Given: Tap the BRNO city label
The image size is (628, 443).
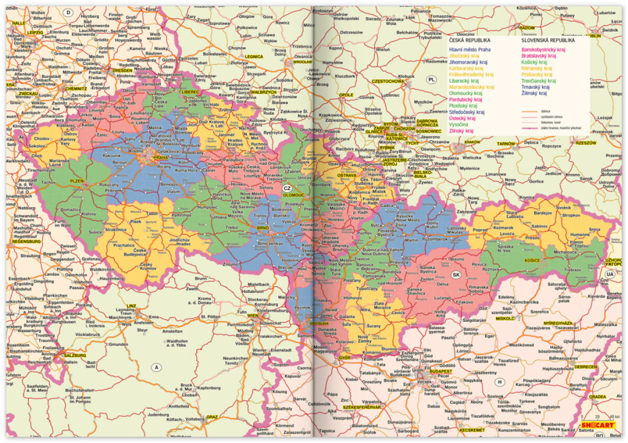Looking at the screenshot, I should click(x=263, y=229).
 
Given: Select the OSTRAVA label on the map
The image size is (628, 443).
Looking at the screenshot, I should click(x=346, y=176).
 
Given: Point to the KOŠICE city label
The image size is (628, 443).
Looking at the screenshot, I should click(x=532, y=260).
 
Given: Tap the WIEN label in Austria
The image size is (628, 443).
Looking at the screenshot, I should click(x=253, y=316).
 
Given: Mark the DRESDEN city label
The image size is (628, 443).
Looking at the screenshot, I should click(x=122, y=70).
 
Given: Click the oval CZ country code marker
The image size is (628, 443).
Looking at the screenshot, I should click(x=287, y=188).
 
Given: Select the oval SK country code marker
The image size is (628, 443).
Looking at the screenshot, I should click(x=456, y=275).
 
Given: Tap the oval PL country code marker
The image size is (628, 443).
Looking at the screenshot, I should click(x=431, y=79).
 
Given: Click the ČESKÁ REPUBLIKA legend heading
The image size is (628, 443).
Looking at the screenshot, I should click(x=469, y=40).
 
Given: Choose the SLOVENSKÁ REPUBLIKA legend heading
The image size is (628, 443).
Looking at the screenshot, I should click(x=548, y=40).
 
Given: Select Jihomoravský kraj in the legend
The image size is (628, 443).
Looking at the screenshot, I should click(x=470, y=62).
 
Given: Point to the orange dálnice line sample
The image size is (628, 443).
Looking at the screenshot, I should click(x=531, y=111).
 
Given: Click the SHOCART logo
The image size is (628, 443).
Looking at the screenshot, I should click(x=598, y=425).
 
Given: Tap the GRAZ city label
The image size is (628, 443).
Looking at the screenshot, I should click(x=212, y=417).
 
